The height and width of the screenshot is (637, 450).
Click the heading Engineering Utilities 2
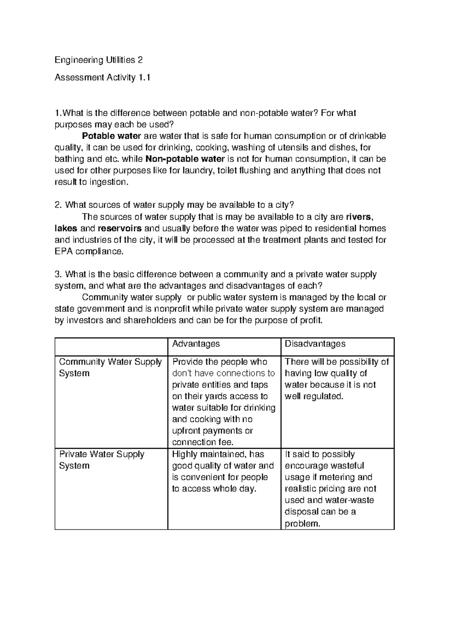pyautogui.click(x=99, y=60)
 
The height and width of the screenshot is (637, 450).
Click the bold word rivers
pyautogui.click(x=359, y=217)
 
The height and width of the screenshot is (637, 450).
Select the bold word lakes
pyautogui.click(x=66, y=228)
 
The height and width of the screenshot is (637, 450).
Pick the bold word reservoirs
pyautogui.click(x=120, y=228)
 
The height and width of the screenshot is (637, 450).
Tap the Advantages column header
pyautogui.click(x=196, y=344)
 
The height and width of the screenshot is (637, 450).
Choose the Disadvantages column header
pyautogui.click(x=315, y=344)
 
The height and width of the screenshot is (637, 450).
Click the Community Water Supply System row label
pyautogui.click(x=110, y=367)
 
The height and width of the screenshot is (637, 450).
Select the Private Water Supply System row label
pyautogui.click(x=101, y=460)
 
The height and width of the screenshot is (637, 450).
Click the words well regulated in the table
pyautogui.click(x=314, y=396)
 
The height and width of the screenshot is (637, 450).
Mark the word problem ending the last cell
pyautogui.click(x=303, y=524)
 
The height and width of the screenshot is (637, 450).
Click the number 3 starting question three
pyautogui.click(x=57, y=274)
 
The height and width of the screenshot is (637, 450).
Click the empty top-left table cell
pyautogui.click(x=111, y=346)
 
